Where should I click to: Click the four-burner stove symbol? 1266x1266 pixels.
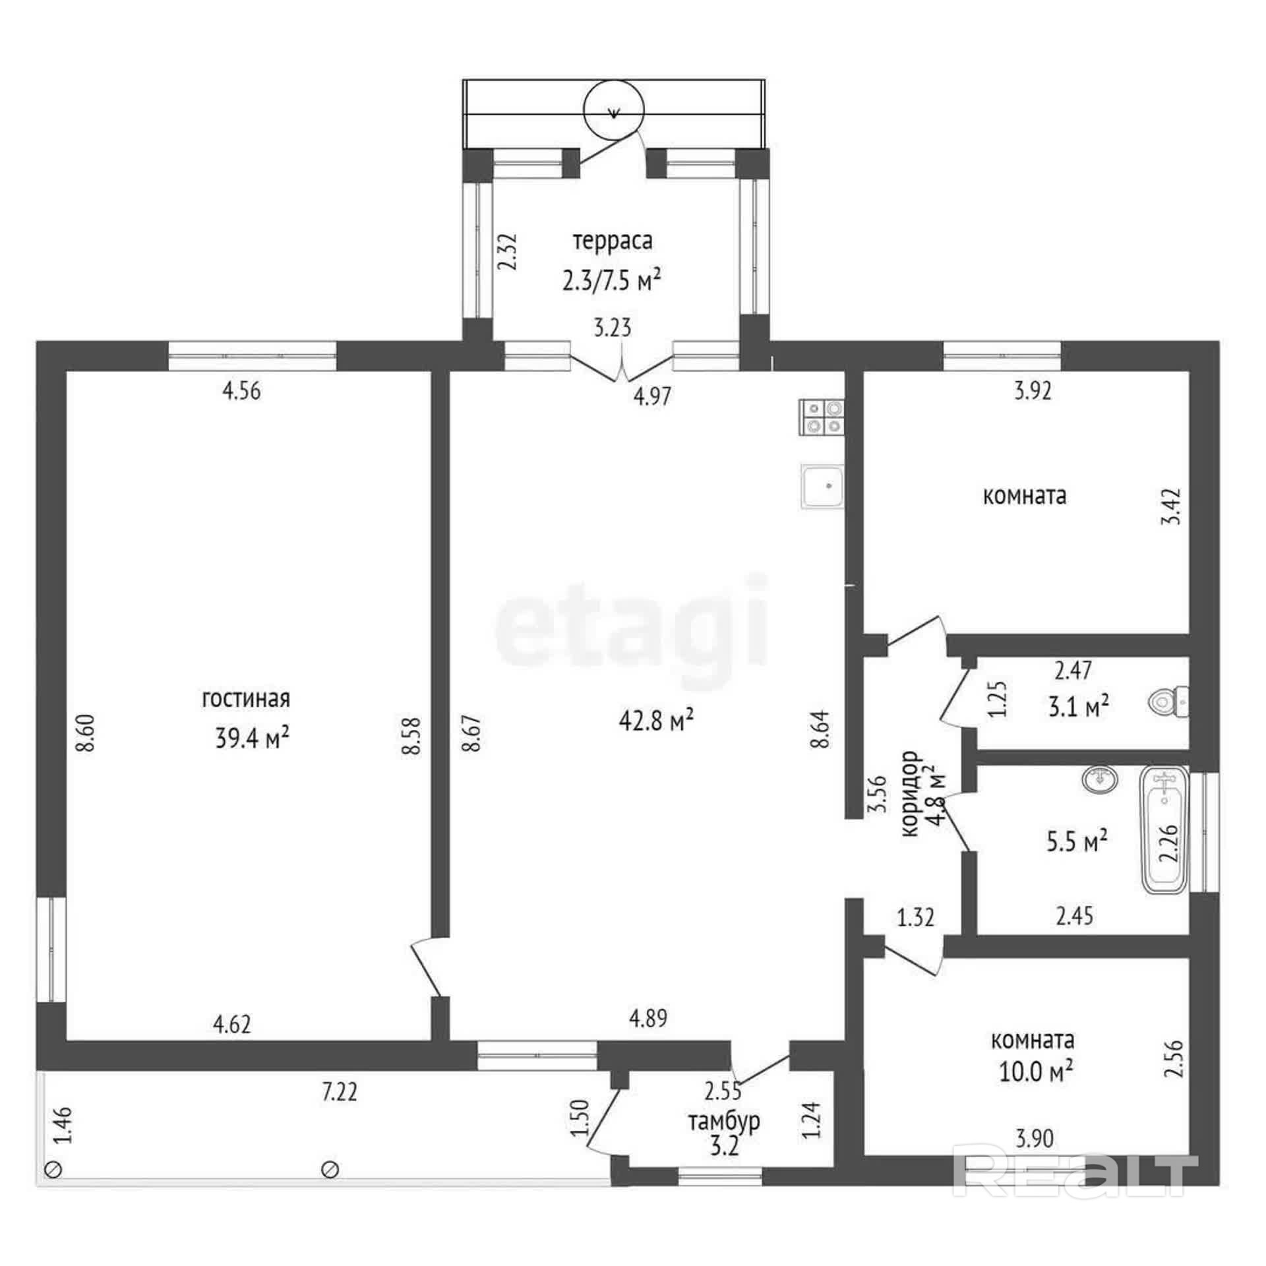click(x=822, y=417)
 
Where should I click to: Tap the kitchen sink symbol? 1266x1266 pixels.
click(x=822, y=487)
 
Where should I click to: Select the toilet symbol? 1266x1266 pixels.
click(x=1168, y=703)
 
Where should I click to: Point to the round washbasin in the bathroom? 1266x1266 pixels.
click(x=1100, y=779)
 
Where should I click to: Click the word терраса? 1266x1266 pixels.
click(x=613, y=241)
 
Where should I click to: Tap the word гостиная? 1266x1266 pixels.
click(x=246, y=699)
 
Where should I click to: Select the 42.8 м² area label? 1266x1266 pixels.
click(x=656, y=721)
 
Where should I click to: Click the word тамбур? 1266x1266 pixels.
click(x=724, y=1121)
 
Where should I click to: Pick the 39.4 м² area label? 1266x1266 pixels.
click(x=253, y=738)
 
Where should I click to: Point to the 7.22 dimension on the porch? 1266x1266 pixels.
click(x=340, y=1093)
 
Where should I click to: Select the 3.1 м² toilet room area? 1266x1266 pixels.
click(x=1078, y=708)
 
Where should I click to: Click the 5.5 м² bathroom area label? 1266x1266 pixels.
click(x=1077, y=841)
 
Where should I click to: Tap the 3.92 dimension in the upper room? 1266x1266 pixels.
click(x=1033, y=391)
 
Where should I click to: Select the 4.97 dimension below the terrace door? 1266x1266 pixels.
click(x=652, y=396)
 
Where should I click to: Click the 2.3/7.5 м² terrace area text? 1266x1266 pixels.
click(x=611, y=281)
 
